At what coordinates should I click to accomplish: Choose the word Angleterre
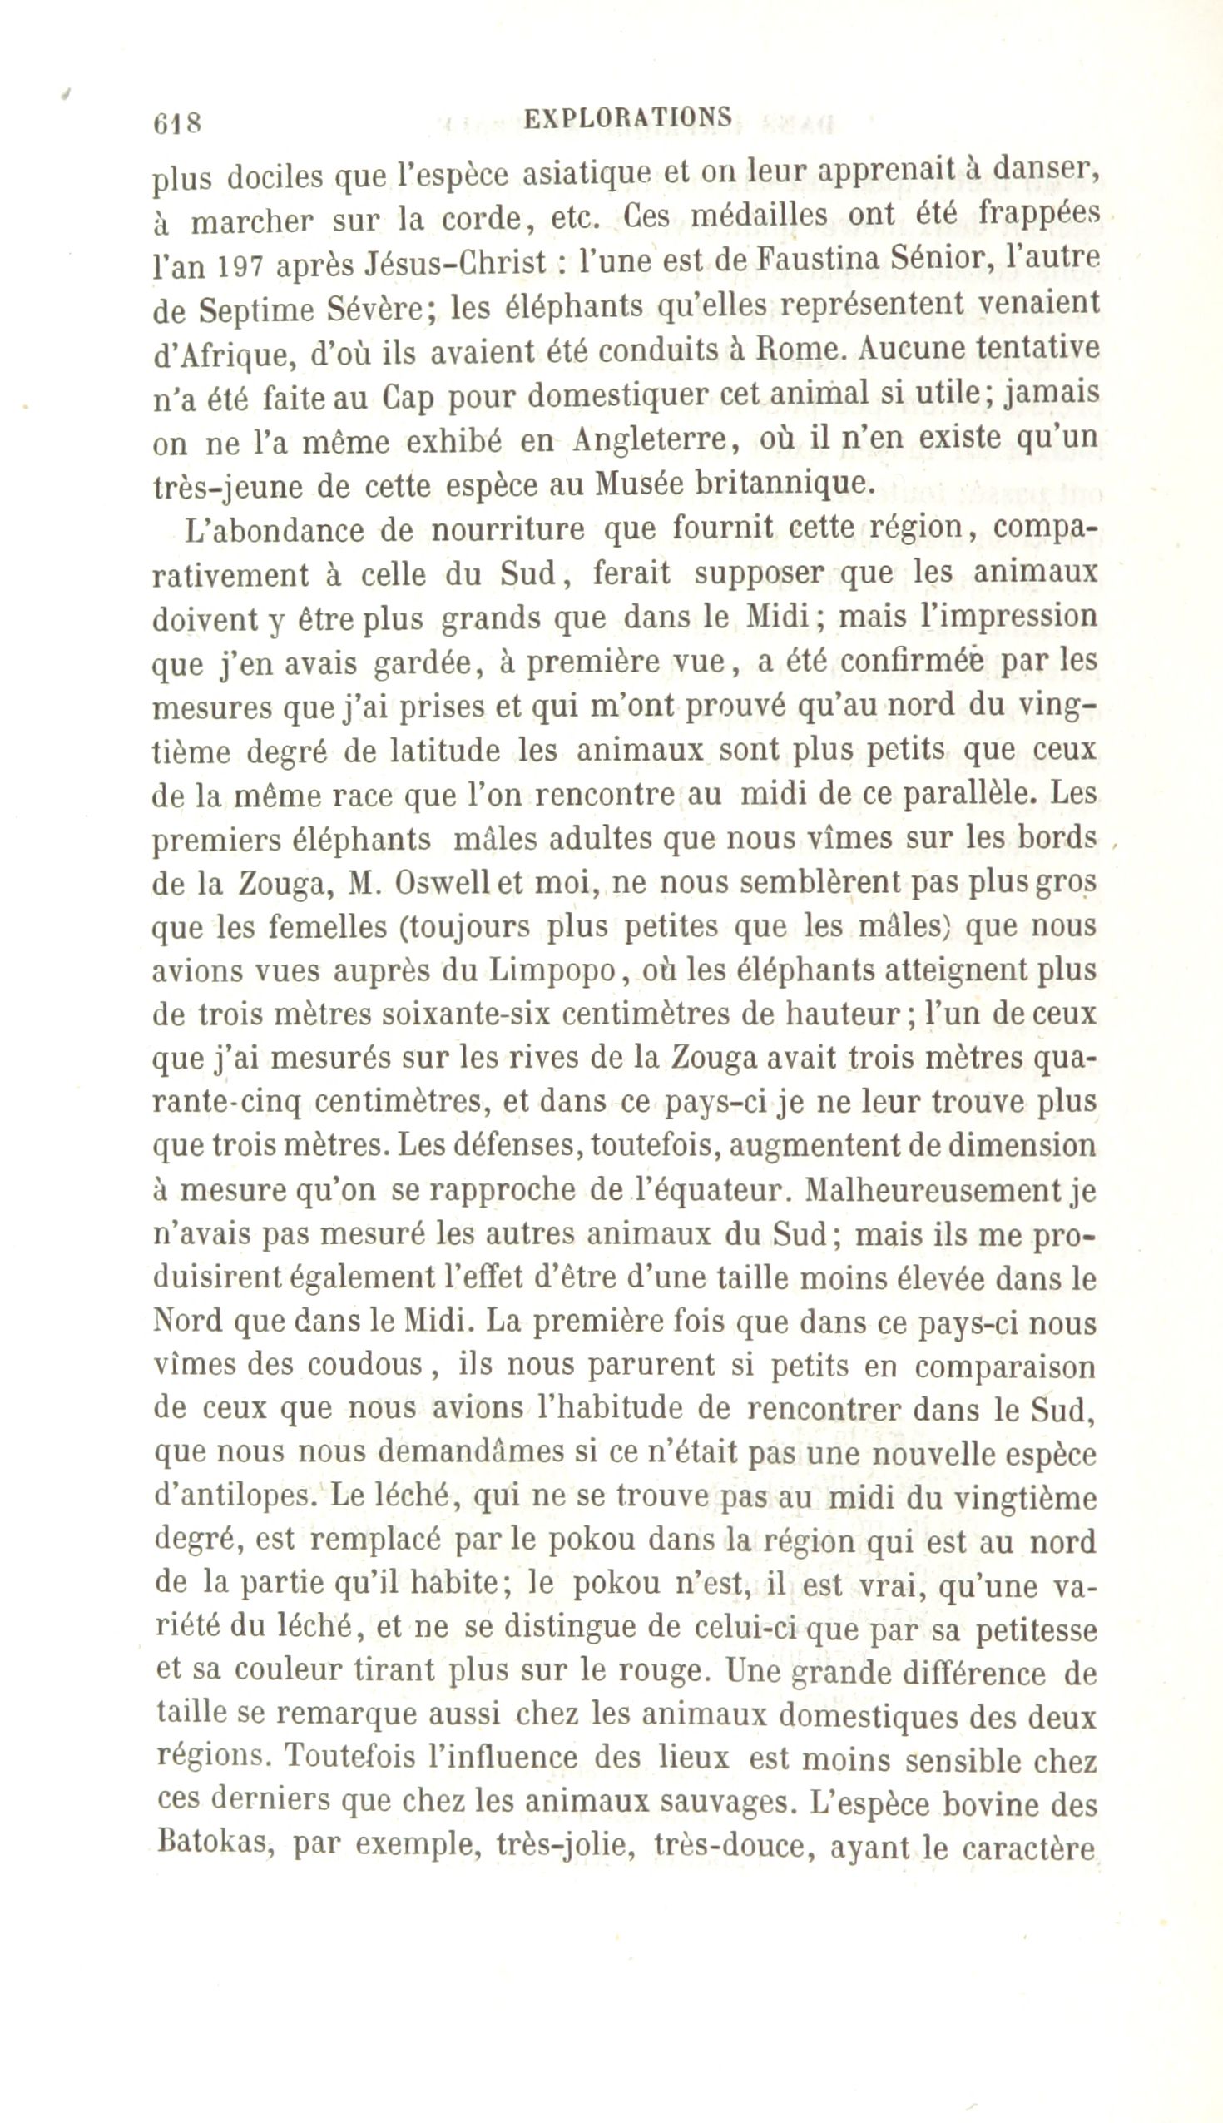coord(649,441)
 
